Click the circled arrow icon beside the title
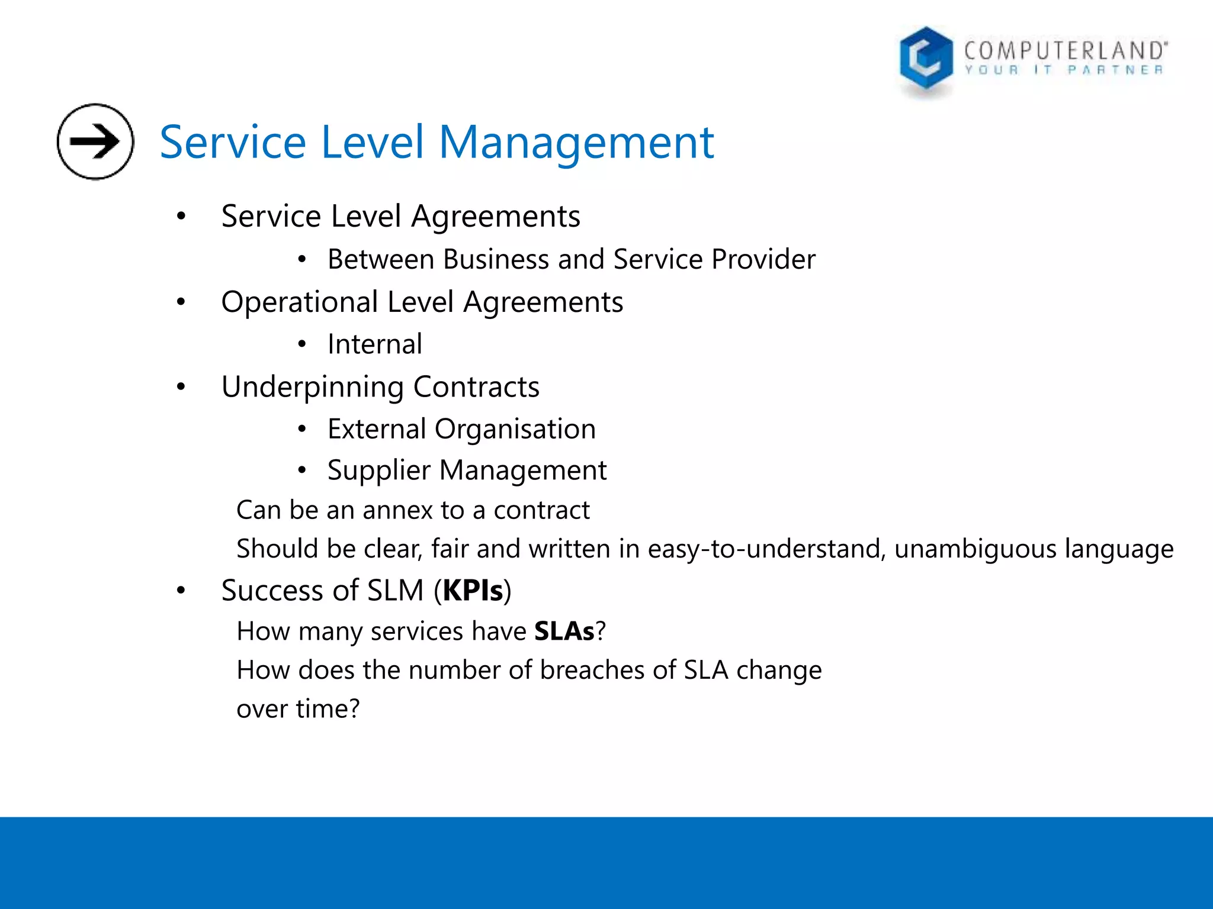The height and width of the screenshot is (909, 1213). coord(95,141)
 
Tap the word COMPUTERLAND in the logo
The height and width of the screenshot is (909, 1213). coord(1066,50)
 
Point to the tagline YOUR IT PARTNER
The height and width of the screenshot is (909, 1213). coord(1064,70)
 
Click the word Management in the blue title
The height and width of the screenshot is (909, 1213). coord(576,143)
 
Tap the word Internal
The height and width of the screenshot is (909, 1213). coord(375,344)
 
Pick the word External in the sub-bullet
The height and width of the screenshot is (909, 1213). coord(376,428)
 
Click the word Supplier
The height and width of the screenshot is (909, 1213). coord(378,470)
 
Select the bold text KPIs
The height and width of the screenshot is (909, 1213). coord(473,591)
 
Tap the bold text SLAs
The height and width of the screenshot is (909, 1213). coord(564,631)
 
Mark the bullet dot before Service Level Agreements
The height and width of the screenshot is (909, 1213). coord(181,217)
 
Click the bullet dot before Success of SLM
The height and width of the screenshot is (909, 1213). coord(181,591)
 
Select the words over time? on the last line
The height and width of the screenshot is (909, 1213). coord(298,709)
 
